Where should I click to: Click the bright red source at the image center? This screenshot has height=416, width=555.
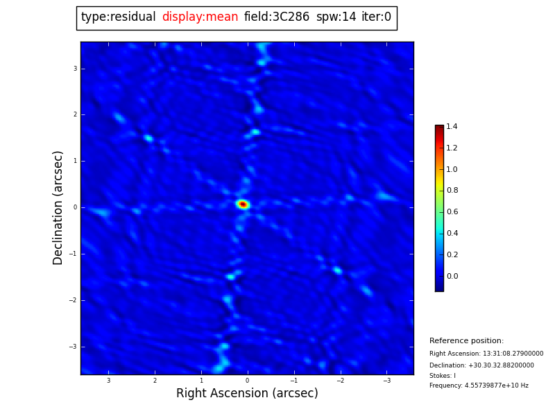click(243, 205)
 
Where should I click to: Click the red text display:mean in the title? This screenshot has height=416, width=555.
click(200, 17)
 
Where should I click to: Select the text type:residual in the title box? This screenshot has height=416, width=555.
click(118, 17)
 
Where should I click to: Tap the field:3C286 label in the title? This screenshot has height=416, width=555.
click(277, 17)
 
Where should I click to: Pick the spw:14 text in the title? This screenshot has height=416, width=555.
click(336, 17)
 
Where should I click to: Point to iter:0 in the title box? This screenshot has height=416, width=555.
click(376, 17)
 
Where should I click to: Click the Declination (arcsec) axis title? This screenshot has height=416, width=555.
click(58, 207)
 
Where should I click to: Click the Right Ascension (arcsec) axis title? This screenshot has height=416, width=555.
click(247, 394)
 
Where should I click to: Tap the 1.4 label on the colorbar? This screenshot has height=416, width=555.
click(452, 127)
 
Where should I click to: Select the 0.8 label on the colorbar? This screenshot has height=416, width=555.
click(452, 191)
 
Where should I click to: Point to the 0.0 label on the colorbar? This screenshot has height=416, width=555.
click(452, 277)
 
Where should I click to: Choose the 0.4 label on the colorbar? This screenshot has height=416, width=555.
click(452, 234)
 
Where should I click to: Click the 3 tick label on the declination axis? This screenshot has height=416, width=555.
click(75, 69)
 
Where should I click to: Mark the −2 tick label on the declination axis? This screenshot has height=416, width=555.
click(73, 300)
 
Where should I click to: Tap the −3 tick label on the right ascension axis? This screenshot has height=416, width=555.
click(386, 381)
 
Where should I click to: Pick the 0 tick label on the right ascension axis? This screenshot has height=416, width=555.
click(247, 381)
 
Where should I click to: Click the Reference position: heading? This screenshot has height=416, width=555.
click(466, 341)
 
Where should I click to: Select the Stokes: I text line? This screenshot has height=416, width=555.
click(443, 376)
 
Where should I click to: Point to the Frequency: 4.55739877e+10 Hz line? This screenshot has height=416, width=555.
click(479, 385)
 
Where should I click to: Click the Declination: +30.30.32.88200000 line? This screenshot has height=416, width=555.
click(481, 365)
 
